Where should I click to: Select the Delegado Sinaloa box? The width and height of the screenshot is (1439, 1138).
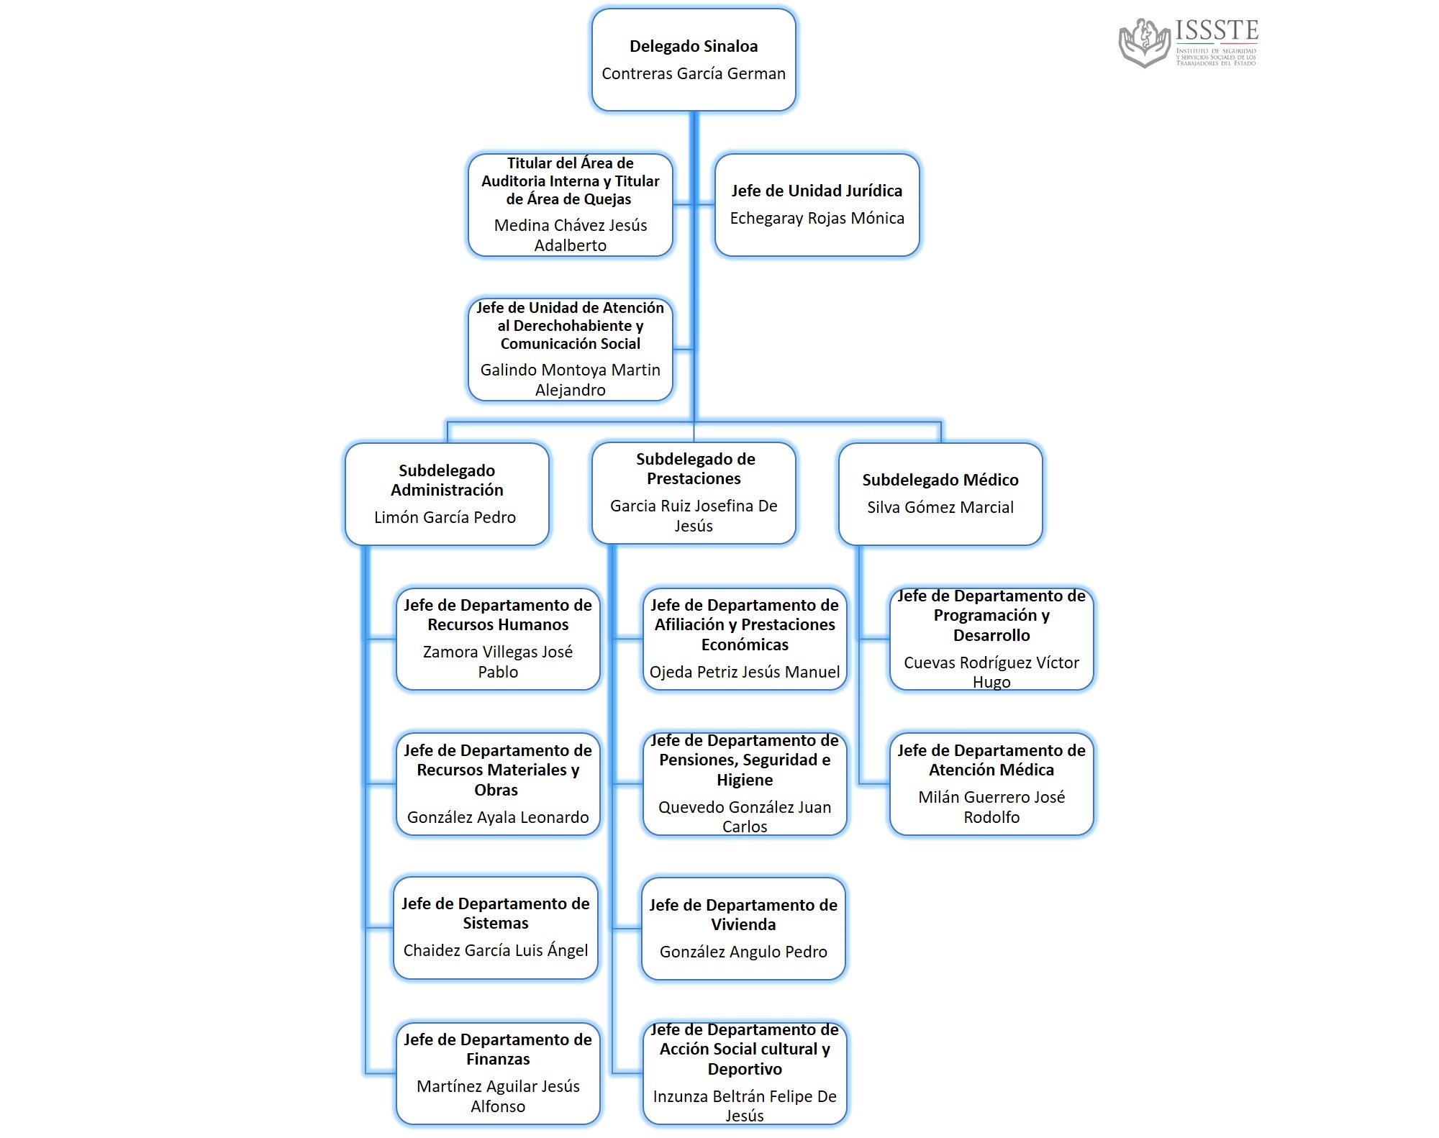point(694,60)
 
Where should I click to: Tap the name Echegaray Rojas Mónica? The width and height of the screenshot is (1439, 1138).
point(817,219)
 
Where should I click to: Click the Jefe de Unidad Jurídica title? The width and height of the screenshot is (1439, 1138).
point(817,191)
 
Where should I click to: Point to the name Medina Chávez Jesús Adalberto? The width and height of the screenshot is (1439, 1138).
point(570,235)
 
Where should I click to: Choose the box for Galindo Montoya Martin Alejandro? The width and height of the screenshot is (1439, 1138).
point(570,350)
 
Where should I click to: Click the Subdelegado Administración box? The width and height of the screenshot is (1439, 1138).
point(447,494)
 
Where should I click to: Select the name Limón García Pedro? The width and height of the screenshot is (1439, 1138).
point(445,518)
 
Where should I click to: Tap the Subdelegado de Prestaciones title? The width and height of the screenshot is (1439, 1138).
point(694,469)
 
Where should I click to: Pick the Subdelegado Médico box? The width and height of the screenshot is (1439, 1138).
point(940,494)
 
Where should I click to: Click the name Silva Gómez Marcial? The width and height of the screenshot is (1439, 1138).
point(940,508)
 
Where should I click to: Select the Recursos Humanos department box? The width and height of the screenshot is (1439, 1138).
point(498,639)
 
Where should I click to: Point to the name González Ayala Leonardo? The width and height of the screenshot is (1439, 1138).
point(498,818)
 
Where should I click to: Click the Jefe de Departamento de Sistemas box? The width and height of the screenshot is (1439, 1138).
point(496,928)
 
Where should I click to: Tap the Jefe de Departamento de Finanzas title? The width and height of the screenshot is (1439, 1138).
point(498,1050)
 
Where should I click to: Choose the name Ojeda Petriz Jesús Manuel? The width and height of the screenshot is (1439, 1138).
point(745,673)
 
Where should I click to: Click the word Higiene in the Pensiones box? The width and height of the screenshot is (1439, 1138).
point(745,780)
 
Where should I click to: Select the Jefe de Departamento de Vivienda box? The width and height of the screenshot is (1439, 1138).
point(743,929)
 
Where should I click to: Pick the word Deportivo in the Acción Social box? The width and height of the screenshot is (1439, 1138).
point(745,1070)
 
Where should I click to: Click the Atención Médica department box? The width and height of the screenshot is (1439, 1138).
point(991,784)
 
